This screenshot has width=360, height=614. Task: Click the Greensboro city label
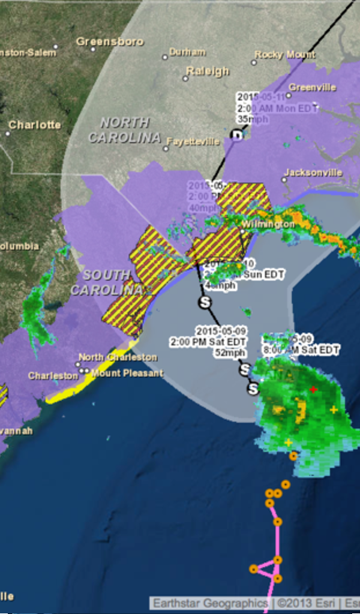click(110, 41)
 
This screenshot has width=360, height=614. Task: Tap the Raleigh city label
click(208, 71)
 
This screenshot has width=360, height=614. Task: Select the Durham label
click(187, 52)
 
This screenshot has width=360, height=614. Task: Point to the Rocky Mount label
click(284, 55)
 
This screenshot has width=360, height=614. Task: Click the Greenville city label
click(312, 87)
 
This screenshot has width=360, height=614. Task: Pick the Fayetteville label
click(193, 142)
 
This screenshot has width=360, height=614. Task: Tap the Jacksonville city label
click(313, 173)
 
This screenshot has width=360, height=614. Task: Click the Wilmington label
click(268, 224)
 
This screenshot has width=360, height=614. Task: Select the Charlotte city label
click(35, 125)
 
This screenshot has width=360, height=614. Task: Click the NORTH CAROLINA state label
click(125, 130)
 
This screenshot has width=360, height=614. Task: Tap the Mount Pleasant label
click(127, 373)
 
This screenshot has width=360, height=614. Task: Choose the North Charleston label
click(118, 357)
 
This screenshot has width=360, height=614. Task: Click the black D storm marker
click(238, 136)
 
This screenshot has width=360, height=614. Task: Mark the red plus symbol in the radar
click(313, 389)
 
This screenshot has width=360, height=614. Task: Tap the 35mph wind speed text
click(250, 119)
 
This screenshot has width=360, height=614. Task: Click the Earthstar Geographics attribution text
click(211, 603)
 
